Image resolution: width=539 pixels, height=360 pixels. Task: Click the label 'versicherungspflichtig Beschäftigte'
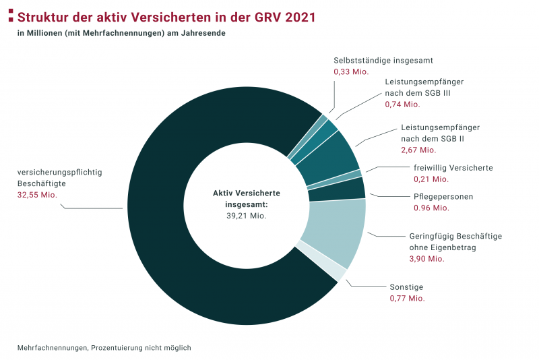59,178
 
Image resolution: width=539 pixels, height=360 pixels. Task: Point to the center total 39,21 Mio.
247,216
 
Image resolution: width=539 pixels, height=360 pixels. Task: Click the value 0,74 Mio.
402,104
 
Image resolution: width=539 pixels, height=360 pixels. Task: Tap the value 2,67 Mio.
418,150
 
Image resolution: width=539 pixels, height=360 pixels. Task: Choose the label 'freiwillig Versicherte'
453,168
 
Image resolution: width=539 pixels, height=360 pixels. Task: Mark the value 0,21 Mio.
431,179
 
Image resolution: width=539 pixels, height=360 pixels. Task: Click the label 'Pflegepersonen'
443,197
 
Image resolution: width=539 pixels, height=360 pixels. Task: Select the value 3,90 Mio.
426,259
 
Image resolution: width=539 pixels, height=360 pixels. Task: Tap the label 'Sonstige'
407,286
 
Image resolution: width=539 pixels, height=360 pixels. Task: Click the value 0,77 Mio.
407,297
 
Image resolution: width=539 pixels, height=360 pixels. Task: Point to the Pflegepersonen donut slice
336,189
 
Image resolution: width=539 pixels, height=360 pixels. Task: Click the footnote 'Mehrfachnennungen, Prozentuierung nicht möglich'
104,348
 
